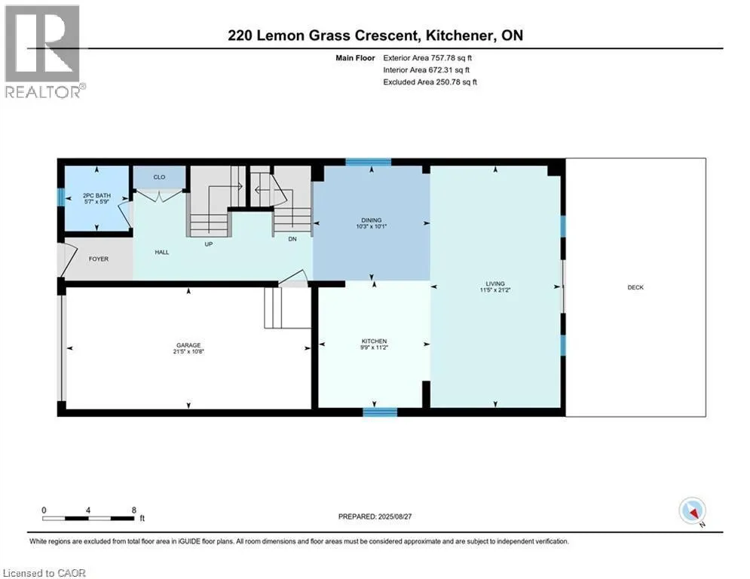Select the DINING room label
tap(370, 220)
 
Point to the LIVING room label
tap(494, 283)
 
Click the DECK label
tap(635, 287)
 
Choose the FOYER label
tap(99, 259)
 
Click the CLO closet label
tap(159, 177)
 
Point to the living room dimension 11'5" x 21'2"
tap(494, 289)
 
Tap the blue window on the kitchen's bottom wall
tap(380, 412)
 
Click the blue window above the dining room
tap(369, 161)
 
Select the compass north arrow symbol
tap(691, 512)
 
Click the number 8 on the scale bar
tap(134, 510)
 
